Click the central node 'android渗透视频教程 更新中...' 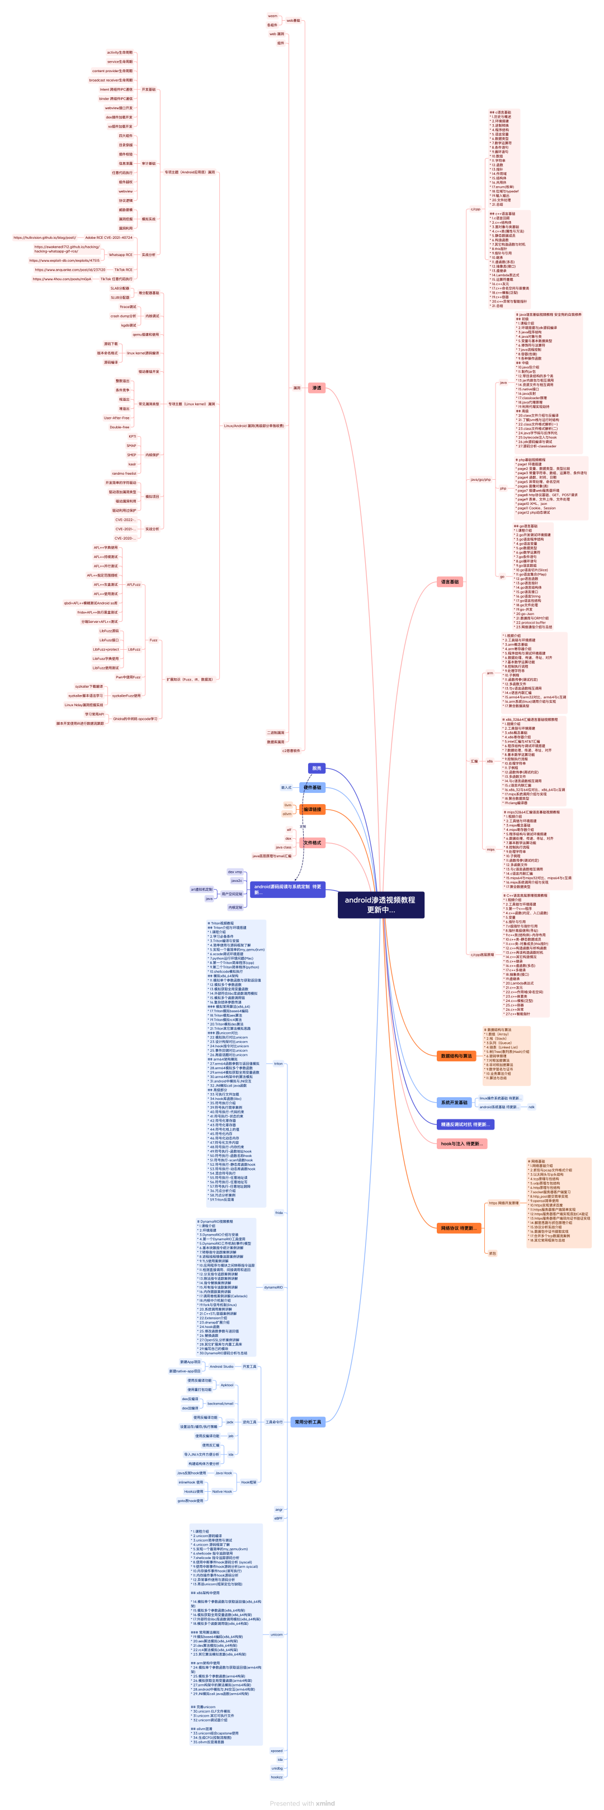pyautogui.click(x=380, y=904)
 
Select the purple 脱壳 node pyautogui.click(x=317, y=768)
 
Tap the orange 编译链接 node pyautogui.click(x=312, y=810)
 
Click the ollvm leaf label pyautogui.click(x=287, y=814)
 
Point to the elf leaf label pyautogui.click(x=288, y=829)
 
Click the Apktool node pyautogui.click(x=227, y=1385)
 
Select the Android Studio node pyautogui.click(x=221, y=1366)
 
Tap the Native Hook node pyautogui.click(x=221, y=1491)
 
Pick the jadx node pyautogui.click(x=229, y=1421)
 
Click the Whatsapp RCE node pyautogui.click(x=120, y=255)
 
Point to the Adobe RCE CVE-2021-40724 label pyautogui.click(x=108, y=238)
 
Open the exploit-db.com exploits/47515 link pyautogui.click(x=64, y=261)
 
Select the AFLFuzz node pyautogui.click(x=134, y=584)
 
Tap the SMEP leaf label pyautogui.click(x=131, y=455)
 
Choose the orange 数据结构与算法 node pyautogui.click(x=456, y=1056)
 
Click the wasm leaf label pyautogui.click(x=272, y=16)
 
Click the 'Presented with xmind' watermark pyautogui.click(x=303, y=1803)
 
